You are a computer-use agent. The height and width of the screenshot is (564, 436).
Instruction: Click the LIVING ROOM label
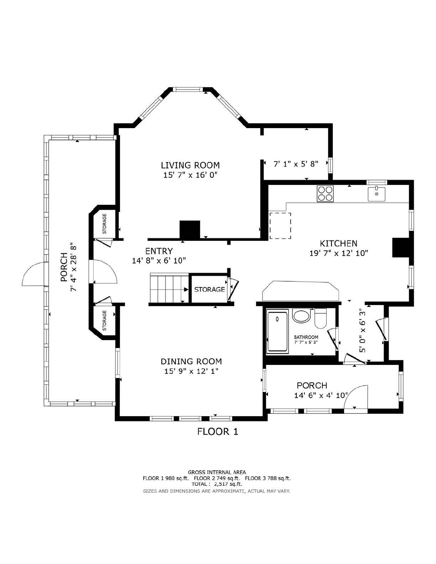pyautogui.click(x=190, y=165)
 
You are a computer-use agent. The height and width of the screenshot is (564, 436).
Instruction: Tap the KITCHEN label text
pyautogui.click(x=338, y=244)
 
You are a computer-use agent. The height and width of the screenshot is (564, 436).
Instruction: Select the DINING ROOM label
pyautogui.click(x=191, y=361)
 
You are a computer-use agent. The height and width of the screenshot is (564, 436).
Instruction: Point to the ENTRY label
pyautogui.click(x=159, y=251)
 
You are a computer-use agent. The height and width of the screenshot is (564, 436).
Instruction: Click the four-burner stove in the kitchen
pyautogui.click(x=325, y=194)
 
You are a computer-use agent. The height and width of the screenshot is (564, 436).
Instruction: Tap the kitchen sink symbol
pyautogui.click(x=377, y=194)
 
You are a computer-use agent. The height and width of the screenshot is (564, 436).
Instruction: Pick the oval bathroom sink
pyautogui.click(x=301, y=315)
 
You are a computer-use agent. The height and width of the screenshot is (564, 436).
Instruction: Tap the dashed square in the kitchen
pyautogui.click(x=280, y=225)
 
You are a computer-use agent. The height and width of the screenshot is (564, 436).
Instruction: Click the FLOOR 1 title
pyautogui.click(x=218, y=432)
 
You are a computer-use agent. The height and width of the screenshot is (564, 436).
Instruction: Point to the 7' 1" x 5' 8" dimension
pyautogui.click(x=296, y=164)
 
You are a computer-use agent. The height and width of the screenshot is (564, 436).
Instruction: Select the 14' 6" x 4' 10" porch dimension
pyautogui.click(x=321, y=395)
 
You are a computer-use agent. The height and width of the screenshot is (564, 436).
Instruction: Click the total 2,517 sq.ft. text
pyautogui.click(x=217, y=484)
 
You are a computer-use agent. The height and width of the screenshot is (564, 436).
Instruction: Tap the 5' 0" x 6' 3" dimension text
pyautogui.click(x=362, y=330)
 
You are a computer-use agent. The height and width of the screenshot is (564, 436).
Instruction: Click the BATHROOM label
pyautogui.click(x=306, y=337)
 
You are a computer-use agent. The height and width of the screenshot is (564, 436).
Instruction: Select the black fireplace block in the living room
pyautogui.click(x=190, y=229)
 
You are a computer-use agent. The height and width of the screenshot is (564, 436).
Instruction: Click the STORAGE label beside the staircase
pyautogui.click(x=209, y=289)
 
